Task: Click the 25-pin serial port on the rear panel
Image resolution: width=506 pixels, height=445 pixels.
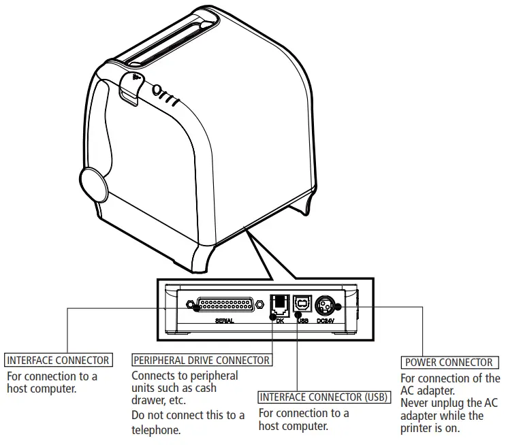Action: (x=227, y=306)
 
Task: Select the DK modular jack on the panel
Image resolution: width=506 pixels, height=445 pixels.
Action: (x=279, y=303)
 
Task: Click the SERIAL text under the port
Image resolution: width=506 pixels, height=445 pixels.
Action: (x=225, y=320)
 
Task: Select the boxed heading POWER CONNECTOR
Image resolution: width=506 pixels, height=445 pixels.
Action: (x=449, y=363)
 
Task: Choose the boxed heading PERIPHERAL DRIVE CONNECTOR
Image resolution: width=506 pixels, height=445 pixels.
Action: (x=202, y=360)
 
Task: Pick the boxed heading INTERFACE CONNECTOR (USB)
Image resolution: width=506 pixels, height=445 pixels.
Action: (x=323, y=397)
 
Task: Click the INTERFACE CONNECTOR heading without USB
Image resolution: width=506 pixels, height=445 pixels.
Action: (x=58, y=360)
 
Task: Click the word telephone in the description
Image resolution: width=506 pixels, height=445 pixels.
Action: (x=157, y=430)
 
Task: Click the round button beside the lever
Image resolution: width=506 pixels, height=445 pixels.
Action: (x=157, y=90)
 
